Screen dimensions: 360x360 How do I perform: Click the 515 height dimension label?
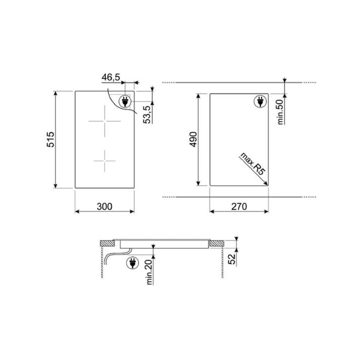[x=50, y=139]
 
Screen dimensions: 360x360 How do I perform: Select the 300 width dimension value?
[x=104, y=206]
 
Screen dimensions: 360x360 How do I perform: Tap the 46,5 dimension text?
[x=111, y=77]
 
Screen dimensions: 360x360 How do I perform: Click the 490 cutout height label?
[x=193, y=139]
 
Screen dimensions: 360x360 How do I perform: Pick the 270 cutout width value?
[x=239, y=206]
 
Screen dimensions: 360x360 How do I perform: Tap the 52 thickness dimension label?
[x=232, y=259]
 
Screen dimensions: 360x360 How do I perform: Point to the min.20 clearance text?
[x=149, y=272]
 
